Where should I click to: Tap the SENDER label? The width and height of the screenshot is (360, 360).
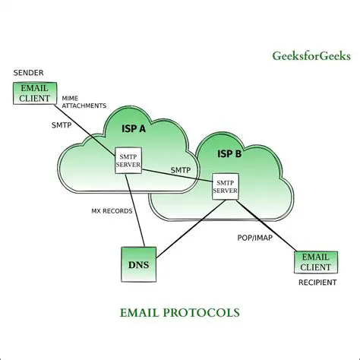(28, 73)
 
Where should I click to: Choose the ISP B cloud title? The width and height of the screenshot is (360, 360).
(229, 153)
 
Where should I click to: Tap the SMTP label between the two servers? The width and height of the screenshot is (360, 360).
(180, 170)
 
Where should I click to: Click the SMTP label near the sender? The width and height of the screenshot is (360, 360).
(62, 125)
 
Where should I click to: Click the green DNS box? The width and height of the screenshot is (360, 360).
(139, 264)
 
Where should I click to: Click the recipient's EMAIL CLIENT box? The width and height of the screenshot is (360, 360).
(316, 262)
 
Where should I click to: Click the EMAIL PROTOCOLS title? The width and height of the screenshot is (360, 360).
(179, 312)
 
